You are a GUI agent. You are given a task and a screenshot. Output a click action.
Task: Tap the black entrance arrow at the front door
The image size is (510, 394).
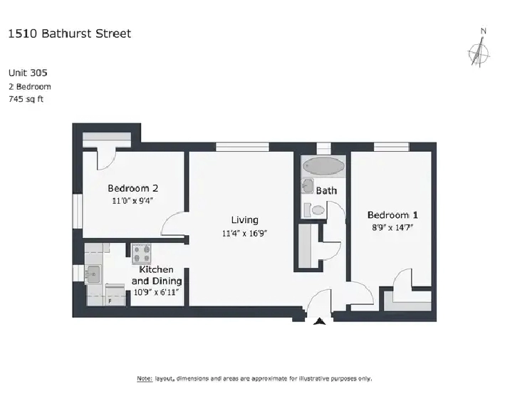click(319, 321)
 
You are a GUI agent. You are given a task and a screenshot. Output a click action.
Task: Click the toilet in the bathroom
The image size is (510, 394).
click(315, 210)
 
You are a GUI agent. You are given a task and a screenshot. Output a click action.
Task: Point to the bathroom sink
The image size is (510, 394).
click(308, 186)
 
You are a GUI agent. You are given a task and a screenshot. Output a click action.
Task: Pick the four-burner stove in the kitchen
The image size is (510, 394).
click(142, 254)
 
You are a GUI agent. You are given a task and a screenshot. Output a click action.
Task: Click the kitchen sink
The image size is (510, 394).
click(93, 275)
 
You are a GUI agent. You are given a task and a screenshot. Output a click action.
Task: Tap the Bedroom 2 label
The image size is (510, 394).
click(133, 188)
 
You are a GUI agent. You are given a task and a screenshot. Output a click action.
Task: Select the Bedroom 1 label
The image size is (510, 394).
click(392, 215)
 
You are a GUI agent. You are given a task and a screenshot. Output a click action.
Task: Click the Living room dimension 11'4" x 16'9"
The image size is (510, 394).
click(244, 234)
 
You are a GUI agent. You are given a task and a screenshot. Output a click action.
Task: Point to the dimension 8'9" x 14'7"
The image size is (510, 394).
click(392, 227)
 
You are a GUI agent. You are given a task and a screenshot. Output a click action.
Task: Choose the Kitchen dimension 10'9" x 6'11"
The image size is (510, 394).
click(156, 292)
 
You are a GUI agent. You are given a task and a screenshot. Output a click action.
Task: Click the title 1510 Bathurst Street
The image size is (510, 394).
click(70, 33)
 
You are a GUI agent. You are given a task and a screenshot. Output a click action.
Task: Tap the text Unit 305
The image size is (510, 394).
click(28, 73)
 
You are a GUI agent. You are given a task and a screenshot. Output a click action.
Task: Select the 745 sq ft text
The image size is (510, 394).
click(26, 99)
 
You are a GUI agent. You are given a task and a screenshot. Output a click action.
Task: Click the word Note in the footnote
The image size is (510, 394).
click(145, 379)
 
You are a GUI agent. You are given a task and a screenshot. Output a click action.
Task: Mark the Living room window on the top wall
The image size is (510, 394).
click(243, 147)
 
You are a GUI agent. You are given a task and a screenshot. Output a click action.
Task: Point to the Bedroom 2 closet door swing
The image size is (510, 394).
click(106, 159)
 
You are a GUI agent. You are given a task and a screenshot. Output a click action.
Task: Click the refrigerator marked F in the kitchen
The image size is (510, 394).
click(115, 295)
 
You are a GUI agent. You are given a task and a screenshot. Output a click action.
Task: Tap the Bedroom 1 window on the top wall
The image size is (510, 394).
click(392, 147)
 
